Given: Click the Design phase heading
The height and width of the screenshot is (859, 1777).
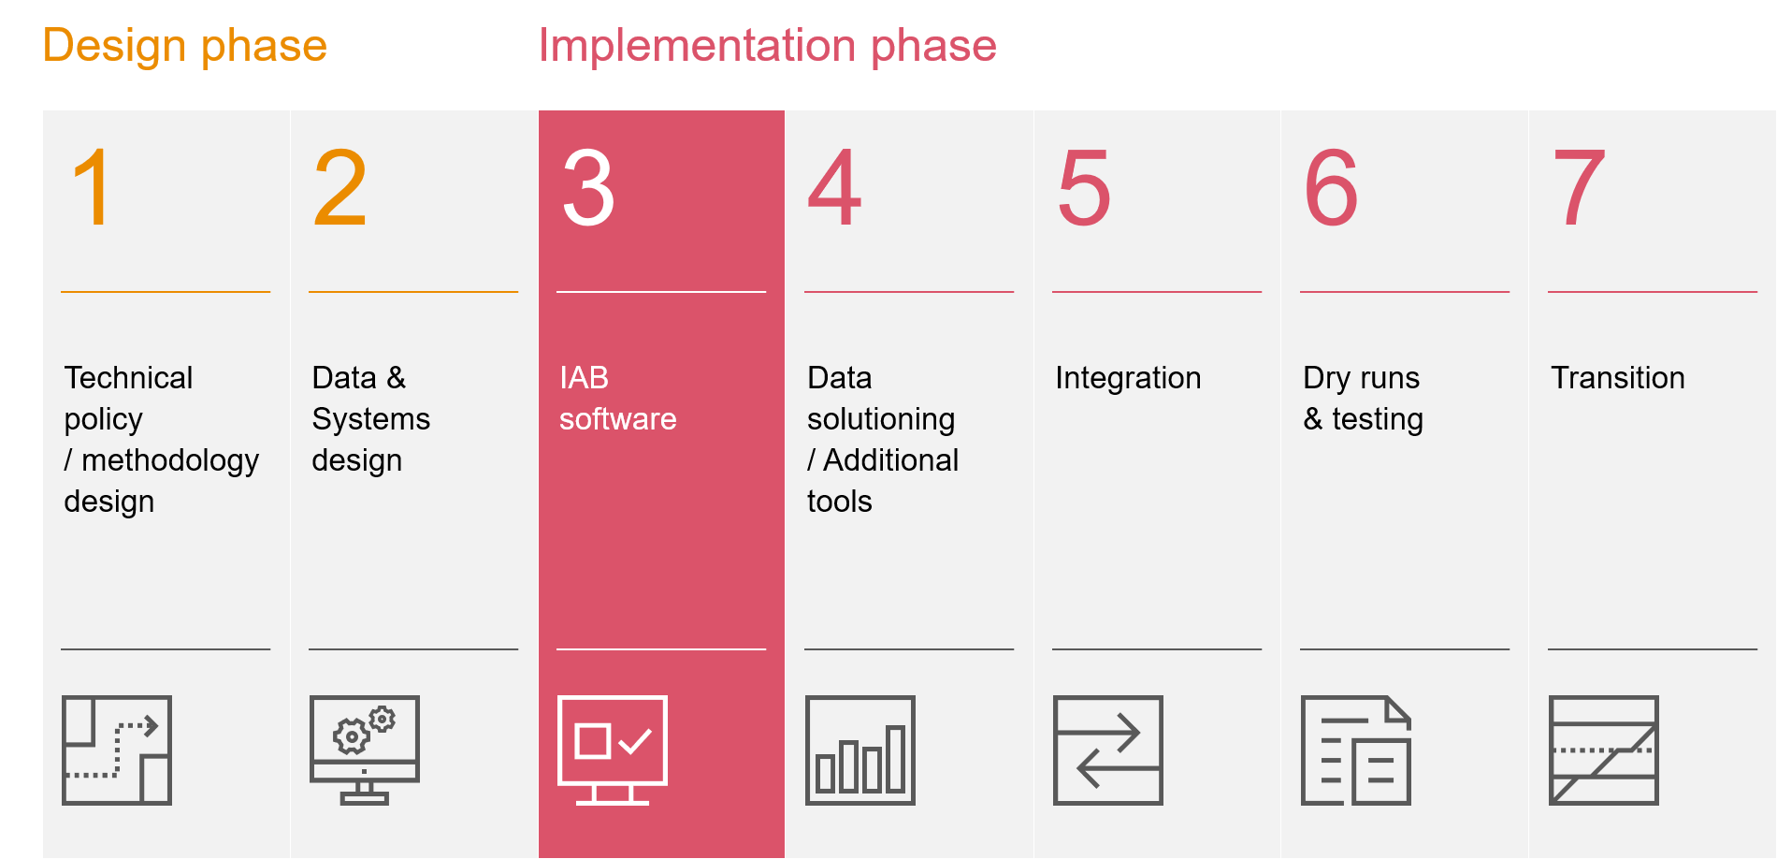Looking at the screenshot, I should click(184, 46).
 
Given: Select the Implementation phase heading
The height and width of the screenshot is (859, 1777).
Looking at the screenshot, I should click(767, 46).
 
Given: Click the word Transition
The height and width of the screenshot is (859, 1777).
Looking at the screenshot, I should click(1617, 378).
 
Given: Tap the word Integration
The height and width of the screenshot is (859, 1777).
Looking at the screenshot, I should click(1128, 378).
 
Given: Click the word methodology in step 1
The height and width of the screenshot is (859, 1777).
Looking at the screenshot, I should click(169, 461).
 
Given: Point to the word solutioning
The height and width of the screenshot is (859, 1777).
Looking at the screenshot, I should click(880, 420).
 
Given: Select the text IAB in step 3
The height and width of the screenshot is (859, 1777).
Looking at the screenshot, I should click(584, 378).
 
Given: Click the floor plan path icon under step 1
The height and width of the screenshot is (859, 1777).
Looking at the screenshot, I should click(117, 750).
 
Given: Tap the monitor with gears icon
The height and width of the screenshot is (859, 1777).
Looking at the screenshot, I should click(365, 750).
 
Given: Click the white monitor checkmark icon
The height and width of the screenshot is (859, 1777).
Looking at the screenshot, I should click(612, 750).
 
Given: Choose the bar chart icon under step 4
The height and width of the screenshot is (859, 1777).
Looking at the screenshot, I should click(860, 750).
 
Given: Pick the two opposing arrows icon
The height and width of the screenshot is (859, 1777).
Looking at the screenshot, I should click(1107, 750).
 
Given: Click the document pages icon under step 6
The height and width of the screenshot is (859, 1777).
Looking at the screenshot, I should click(1355, 750).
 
